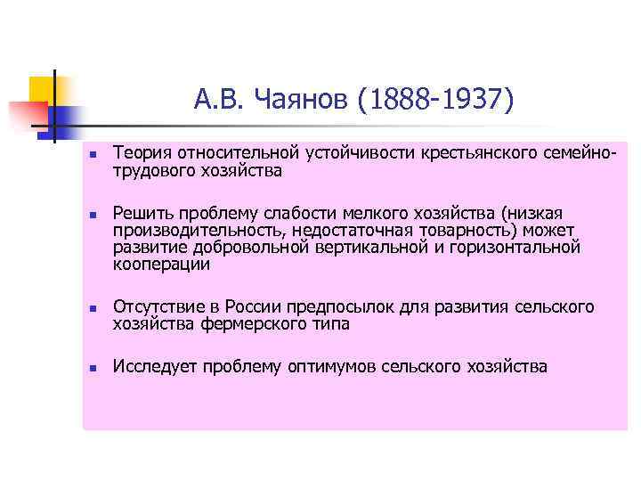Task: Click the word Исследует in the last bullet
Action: click(154, 366)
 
